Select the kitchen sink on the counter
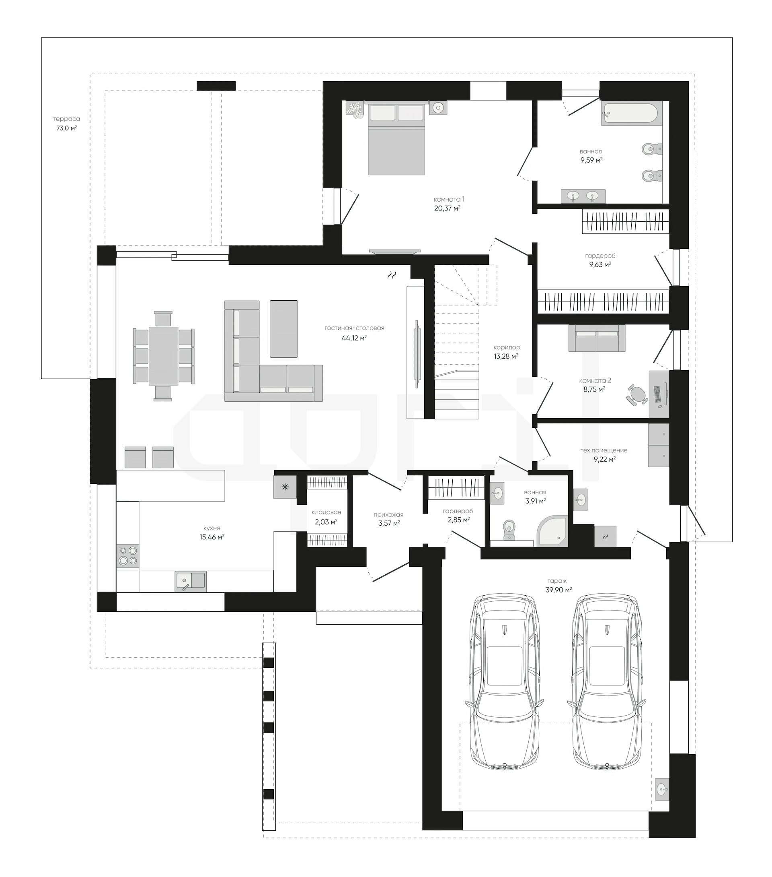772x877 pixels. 191,581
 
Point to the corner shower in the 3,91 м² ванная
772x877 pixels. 553,531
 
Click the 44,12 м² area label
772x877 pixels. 354,338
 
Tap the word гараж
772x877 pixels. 556,580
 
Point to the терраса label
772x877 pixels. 66,119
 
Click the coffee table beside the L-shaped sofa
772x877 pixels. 284,329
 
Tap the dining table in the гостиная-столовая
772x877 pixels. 163,356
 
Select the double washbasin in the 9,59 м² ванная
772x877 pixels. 583,196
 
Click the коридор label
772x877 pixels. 507,347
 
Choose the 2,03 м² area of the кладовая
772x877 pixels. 326,522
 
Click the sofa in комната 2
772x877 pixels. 597,338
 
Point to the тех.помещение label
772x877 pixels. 604,450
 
